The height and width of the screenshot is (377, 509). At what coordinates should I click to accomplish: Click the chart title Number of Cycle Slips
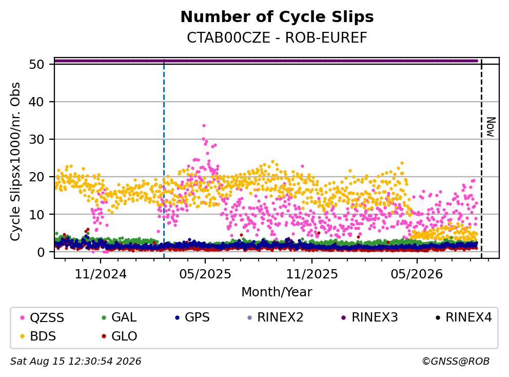pos(277,17)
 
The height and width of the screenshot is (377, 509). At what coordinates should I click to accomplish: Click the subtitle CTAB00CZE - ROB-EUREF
pos(277,37)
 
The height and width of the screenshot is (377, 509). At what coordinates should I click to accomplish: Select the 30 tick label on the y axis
pos(36,139)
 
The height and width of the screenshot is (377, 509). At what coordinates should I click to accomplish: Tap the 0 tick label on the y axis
pos(41,252)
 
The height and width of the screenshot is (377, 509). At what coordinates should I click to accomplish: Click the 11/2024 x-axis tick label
pos(101,274)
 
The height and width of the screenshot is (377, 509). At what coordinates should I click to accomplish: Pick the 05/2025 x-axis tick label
pos(205,274)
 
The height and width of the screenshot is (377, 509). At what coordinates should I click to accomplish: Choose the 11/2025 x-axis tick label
pos(311,274)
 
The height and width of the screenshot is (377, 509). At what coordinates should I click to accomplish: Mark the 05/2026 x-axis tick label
pos(417,274)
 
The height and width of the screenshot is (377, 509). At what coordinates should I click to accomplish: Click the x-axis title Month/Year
pos(277,292)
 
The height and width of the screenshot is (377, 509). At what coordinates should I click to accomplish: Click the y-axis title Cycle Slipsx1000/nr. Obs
pos(15,161)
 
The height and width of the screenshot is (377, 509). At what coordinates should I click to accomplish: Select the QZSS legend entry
pos(42,317)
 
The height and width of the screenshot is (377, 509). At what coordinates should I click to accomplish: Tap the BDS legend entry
pos(38,336)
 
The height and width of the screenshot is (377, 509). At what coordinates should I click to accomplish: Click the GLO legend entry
pos(120,336)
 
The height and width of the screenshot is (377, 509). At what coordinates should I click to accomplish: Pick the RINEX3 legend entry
pos(370,317)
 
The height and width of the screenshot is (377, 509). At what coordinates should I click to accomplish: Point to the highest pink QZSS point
pos(204,125)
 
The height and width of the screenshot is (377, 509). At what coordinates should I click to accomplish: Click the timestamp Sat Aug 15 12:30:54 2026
pos(76,362)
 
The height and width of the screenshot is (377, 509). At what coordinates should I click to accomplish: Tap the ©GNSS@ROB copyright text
pos(456,362)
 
